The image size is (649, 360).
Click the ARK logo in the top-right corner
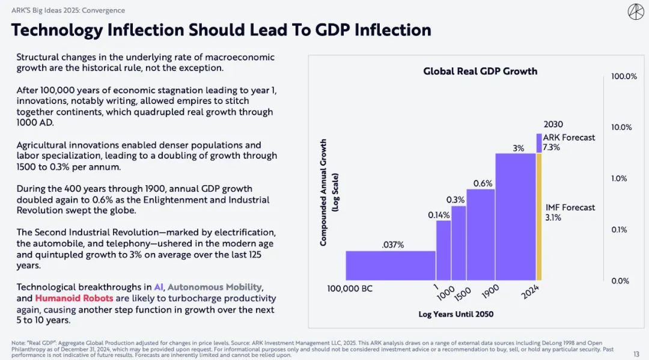[x=636, y=11]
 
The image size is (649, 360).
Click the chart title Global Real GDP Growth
[x=480, y=71]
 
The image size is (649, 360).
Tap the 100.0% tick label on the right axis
[x=624, y=76]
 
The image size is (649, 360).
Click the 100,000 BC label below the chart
[x=350, y=288]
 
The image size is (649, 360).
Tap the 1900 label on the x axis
[x=490, y=291]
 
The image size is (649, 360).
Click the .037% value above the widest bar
[x=393, y=245]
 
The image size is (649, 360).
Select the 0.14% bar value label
[x=439, y=215]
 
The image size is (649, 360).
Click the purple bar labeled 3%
[x=516, y=216]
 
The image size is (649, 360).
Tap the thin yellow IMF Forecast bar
[x=539, y=216]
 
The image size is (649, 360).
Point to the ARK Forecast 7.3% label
[x=568, y=142]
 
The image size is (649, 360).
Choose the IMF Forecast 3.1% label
[x=570, y=212]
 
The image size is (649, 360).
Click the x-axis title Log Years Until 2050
[x=456, y=314]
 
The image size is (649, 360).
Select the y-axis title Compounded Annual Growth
[x=324, y=192]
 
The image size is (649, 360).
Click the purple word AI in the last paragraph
[x=159, y=287]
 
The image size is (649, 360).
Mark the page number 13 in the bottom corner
[x=636, y=354]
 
